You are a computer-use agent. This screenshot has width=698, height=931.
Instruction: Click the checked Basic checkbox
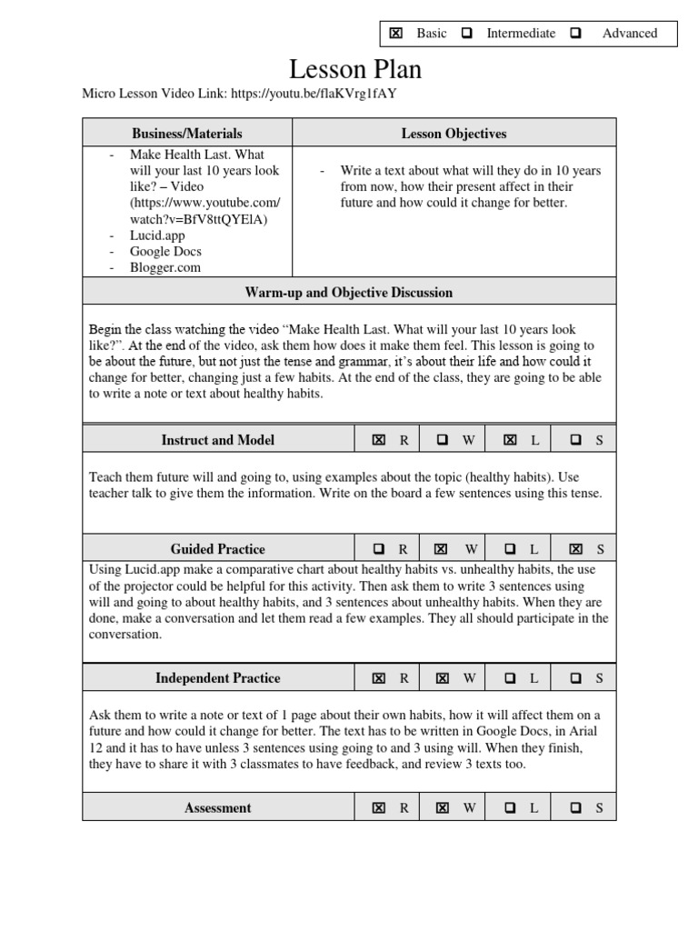pos(395,34)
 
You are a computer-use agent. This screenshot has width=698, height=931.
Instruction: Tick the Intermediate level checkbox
pos(466,34)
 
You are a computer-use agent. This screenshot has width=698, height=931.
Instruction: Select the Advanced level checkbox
pos(575,34)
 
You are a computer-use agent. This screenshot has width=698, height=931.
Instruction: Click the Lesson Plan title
pos(343,69)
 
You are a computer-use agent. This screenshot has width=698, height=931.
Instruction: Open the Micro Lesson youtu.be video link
pos(314,93)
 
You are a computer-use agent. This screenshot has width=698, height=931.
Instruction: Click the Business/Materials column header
pos(187,134)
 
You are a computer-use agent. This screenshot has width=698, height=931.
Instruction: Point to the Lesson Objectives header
pos(454,134)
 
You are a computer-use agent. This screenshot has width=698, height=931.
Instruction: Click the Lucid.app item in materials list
pos(157,235)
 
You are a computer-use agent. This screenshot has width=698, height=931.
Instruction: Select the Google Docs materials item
pos(165,252)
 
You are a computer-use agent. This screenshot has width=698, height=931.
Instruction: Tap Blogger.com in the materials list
pos(165,268)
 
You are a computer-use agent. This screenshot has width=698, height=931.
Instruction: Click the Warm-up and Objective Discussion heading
pos(349,293)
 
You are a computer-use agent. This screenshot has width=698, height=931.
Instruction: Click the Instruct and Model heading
pos(218,440)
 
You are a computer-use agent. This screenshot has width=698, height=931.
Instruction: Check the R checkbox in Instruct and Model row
pos(378,440)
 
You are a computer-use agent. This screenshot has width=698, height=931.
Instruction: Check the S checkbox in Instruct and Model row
pos(575,440)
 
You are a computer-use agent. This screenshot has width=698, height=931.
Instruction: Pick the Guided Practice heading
pos(218,549)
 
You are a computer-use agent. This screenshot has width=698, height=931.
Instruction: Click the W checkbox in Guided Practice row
pos(442,549)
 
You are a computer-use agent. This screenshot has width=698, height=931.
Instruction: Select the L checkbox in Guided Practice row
pos(510,549)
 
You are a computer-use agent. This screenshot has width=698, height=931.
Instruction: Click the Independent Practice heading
pos(218,678)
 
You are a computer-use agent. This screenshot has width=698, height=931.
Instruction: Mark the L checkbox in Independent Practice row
pos(510,678)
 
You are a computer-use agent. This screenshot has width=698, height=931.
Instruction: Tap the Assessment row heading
pos(218,807)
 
